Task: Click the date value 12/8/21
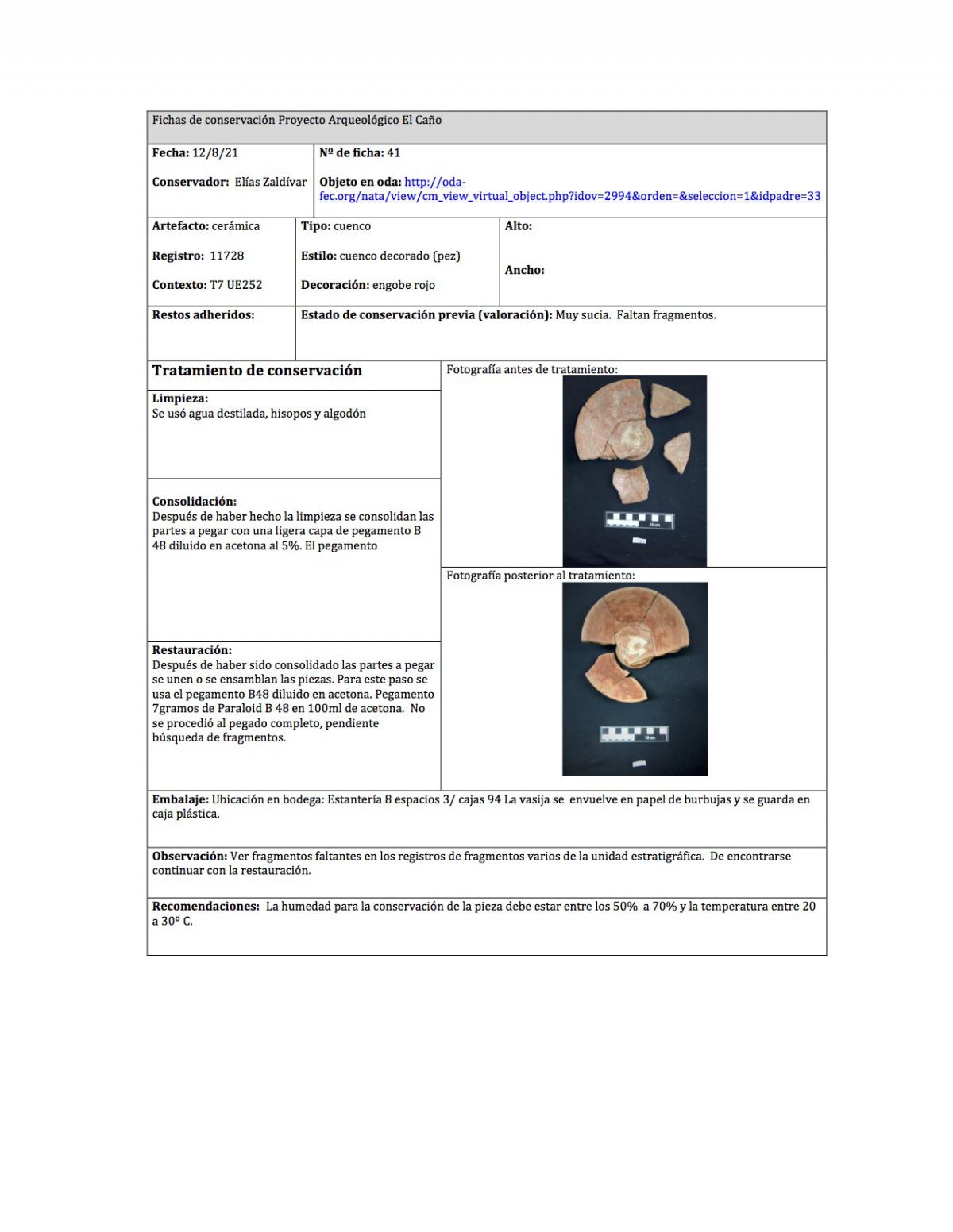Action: tap(214, 153)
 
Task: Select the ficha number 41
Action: tap(394, 153)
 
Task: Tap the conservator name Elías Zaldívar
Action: tap(270, 182)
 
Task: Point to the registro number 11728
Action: tap(226, 256)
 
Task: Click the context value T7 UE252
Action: tap(236, 285)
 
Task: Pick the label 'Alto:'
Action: tap(519, 226)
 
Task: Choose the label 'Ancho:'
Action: tap(524, 270)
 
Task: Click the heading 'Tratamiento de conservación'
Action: tap(257, 371)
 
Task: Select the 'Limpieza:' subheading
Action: tap(180, 398)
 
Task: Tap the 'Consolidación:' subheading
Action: tap(195, 502)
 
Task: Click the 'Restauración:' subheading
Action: tap(192, 650)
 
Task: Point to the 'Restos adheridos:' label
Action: tap(203, 315)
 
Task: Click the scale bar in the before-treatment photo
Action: tap(639, 521)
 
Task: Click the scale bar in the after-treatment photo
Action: tap(634, 733)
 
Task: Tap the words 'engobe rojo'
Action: tap(403, 285)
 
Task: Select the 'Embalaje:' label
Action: tap(180, 799)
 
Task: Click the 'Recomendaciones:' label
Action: tap(206, 906)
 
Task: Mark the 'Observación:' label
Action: tap(190, 856)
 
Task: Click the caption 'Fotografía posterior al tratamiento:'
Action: tap(540, 576)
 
